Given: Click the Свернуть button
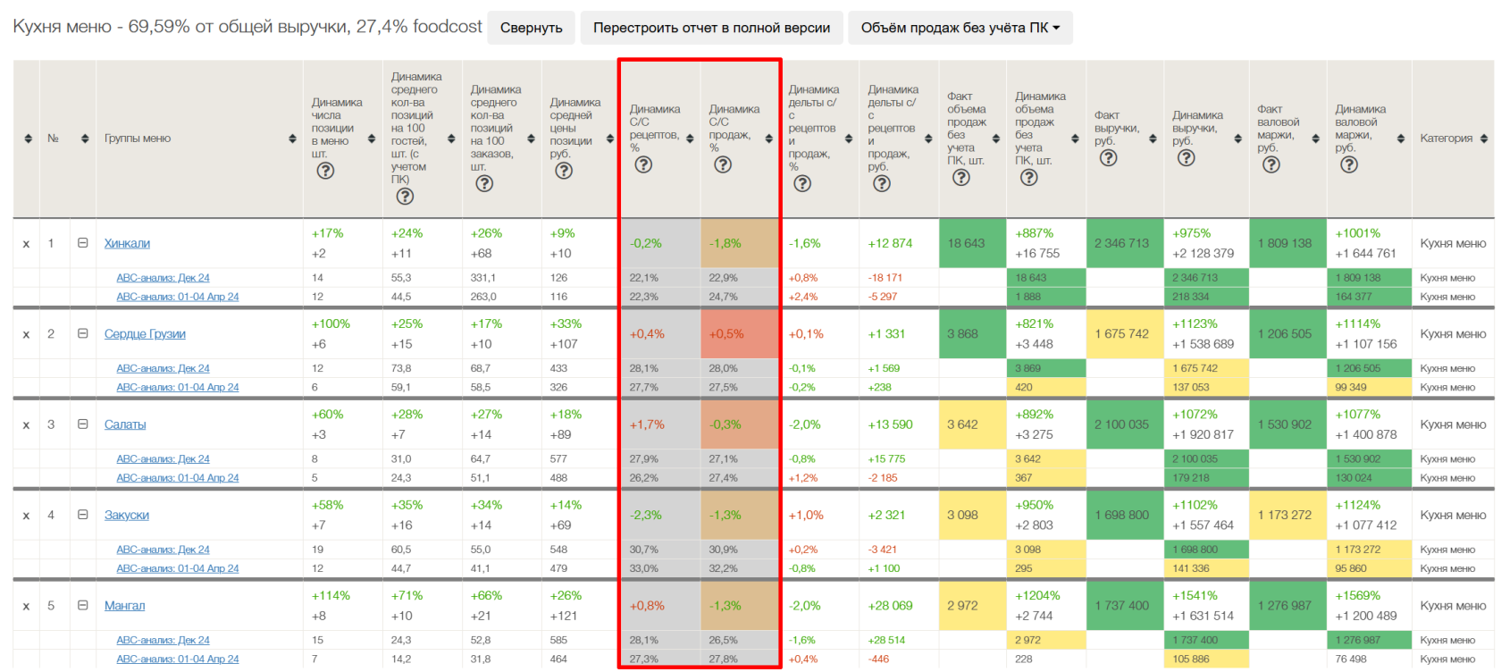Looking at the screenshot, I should pos(531,28).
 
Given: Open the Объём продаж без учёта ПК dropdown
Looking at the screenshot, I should pos(960,28).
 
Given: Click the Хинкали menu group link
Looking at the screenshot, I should pos(127,243).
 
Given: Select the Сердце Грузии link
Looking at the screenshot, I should pos(145,333).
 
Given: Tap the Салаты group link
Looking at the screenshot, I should pos(125,424).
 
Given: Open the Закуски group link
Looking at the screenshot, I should pos(127,515).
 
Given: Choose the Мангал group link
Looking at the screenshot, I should pos(124,605).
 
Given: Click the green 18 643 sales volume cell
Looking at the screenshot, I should pos(967,243).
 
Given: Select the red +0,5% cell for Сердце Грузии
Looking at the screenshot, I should pos(726,333).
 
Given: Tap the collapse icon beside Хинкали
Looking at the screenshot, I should pos(82,243).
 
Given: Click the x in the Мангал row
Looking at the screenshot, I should pos(26,606).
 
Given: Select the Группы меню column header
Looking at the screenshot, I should pos(138,139).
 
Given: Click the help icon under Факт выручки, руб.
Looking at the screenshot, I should pos(1108,157).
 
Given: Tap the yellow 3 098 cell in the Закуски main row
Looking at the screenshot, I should pos(964,515).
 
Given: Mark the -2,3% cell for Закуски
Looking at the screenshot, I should pos(646,515).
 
